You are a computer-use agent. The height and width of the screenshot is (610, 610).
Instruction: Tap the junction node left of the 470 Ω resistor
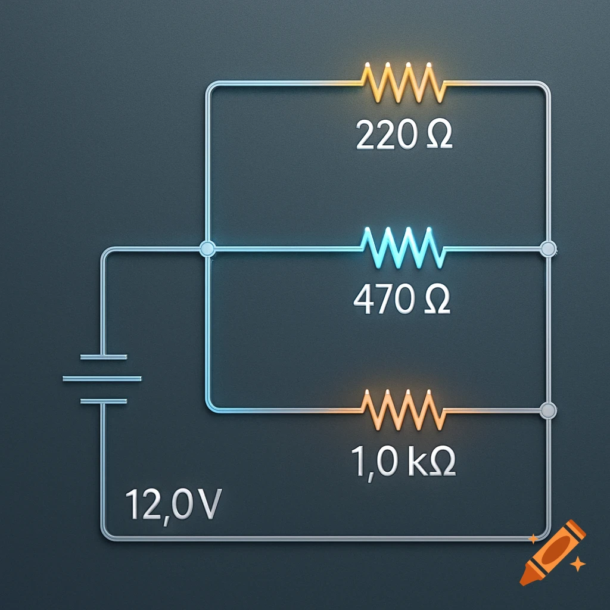tap(207, 248)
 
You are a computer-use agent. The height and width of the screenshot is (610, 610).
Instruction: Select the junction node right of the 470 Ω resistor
tap(547, 248)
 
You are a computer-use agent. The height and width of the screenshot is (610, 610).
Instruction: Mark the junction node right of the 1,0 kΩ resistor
tap(547, 410)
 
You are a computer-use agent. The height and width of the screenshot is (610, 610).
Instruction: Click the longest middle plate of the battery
tap(102, 379)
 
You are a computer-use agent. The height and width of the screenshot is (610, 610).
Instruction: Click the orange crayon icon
tap(551, 551)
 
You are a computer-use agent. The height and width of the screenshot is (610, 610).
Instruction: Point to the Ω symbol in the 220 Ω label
tap(438, 137)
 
